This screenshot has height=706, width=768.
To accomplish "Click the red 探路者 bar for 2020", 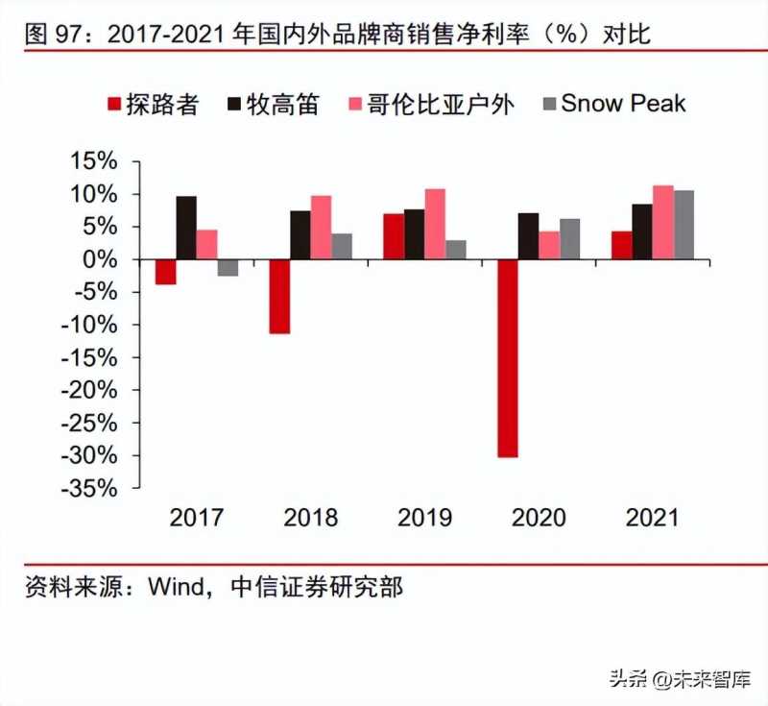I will [508, 357].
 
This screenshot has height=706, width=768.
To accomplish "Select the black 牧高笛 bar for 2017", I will [186, 228].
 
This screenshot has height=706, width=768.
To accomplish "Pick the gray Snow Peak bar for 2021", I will [684, 225].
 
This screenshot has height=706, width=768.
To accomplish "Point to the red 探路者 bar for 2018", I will [279, 296].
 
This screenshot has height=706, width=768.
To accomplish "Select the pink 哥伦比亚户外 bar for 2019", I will [436, 224].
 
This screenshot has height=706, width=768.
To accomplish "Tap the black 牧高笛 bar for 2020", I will [529, 236].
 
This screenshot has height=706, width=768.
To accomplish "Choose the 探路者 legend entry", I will [152, 104].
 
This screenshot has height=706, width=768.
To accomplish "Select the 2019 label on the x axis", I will [425, 518].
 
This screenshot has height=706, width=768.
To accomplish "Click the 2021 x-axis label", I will [653, 518].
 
